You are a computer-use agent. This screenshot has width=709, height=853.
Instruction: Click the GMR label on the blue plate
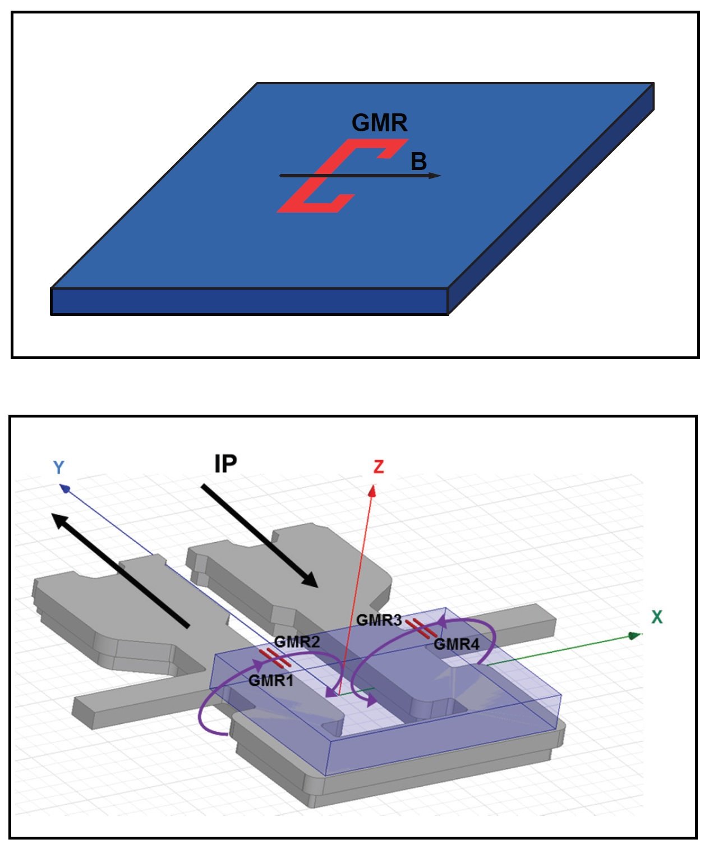click(379, 122)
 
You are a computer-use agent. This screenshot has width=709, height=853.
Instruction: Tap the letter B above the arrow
click(418, 162)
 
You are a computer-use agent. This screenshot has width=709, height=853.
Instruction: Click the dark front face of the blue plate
click(249, 301)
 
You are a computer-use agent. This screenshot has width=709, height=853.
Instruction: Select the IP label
click(225, 464)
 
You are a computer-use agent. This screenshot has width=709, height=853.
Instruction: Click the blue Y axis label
click(59, 467)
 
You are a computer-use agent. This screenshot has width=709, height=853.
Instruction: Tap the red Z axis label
click(379, 466)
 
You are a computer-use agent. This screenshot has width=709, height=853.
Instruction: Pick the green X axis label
click(657, 617)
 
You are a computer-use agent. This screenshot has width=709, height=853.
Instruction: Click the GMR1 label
click(271, 681)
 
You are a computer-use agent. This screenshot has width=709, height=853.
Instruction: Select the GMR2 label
click(297, 642)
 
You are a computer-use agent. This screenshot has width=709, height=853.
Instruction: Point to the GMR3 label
click(379, 620)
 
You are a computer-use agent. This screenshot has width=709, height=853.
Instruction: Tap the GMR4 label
click(457, 644)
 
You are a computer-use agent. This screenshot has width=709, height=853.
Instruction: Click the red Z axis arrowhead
click(372, 491)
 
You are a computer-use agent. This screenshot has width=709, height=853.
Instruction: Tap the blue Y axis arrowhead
click(65, 489)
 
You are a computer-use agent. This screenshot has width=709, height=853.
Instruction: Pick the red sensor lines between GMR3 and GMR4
click(421, 629)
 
